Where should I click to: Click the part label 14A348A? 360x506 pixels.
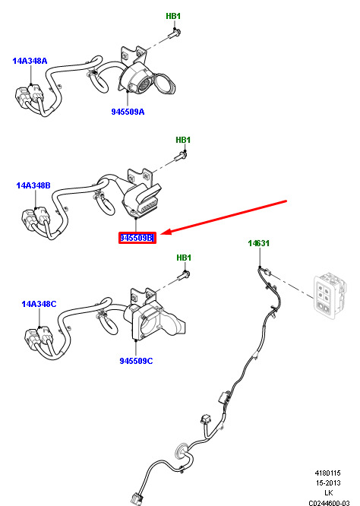(x=30, y=61)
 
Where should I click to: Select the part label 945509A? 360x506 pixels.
(x=128, y=112)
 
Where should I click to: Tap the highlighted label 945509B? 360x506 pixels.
(x=137, y=238)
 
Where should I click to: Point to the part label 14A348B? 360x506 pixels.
(x=33, y=185)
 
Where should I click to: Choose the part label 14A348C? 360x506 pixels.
(x=39, y=304)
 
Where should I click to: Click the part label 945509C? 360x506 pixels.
(x=136, y=361)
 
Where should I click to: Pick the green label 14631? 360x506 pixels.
(x=259, y=243)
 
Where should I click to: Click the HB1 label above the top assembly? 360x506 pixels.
(x=173, y=16)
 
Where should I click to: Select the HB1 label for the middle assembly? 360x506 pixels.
(x=183, y=140)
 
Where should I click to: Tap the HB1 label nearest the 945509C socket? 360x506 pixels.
(x=184, y=258)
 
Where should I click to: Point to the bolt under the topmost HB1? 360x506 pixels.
(x=175, y=33)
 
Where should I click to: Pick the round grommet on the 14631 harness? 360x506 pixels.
(x=181, y=451)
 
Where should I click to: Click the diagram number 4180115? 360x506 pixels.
(x=327, y=473)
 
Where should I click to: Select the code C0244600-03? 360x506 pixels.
(x=329, y=503)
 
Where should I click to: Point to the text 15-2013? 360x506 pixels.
(x=328, y=482)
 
